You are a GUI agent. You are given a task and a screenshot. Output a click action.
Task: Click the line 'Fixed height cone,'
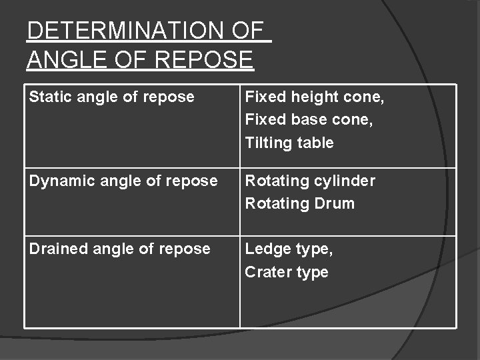pyautogui.click(x=315, y=97)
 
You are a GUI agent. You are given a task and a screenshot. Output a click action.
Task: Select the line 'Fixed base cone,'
pyautogui.click(x=307, y=120)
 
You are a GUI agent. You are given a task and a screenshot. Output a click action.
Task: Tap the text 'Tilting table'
pyautogui.click(x=289, y=143)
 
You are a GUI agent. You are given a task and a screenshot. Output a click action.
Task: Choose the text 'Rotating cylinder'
pyautogui.click(x=310, y=181)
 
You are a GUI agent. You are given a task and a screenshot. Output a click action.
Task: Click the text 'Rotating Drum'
pyautogui.click(x=299, y=203)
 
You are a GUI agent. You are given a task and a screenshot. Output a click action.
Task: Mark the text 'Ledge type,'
pyautogui.click(x=289, y=249)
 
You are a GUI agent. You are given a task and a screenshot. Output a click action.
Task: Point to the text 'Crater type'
pyautogui.click(x=287, y=272)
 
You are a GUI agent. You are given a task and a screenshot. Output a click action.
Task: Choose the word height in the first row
pyautogui.click(x=311, y=97)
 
